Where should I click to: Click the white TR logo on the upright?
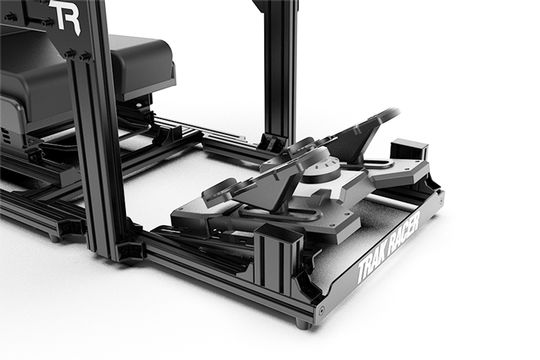pos(66,15)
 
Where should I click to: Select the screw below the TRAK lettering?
pos(321,310)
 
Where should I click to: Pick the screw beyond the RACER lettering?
pos(442,199)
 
